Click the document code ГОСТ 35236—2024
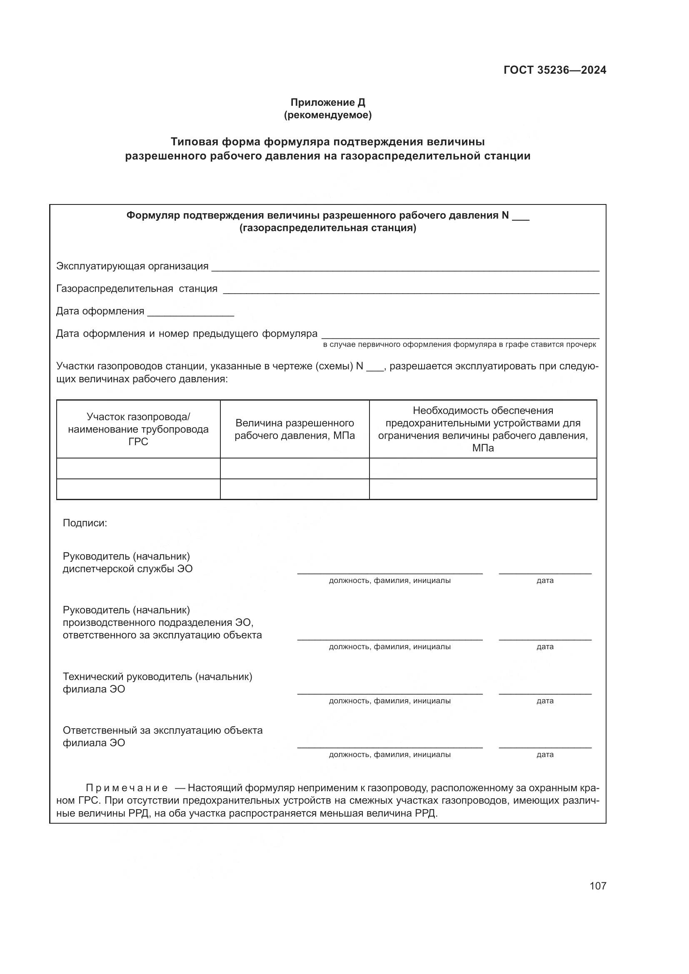click(554, 70)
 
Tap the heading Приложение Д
click(327, 102)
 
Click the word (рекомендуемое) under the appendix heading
click(327, 115)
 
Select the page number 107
click(597, 886)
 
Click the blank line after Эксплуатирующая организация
click(405, 267)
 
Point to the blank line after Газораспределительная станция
click(411, 290)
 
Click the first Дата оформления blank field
click(190, 313)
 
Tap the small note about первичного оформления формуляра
click(459, 344)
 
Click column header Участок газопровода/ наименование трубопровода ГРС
click(138, 429)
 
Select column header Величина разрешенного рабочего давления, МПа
click(295, 429)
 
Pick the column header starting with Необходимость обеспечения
click(483, 429)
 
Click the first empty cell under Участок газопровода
click(138, 468)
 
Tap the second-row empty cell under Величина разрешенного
click(295, 489)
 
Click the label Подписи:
click(85, 523)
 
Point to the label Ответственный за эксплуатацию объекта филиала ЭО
click(162, 737)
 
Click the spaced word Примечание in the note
click(127, 788)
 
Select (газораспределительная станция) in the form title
click(327, 228)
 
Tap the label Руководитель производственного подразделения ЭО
click(162, 622)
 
